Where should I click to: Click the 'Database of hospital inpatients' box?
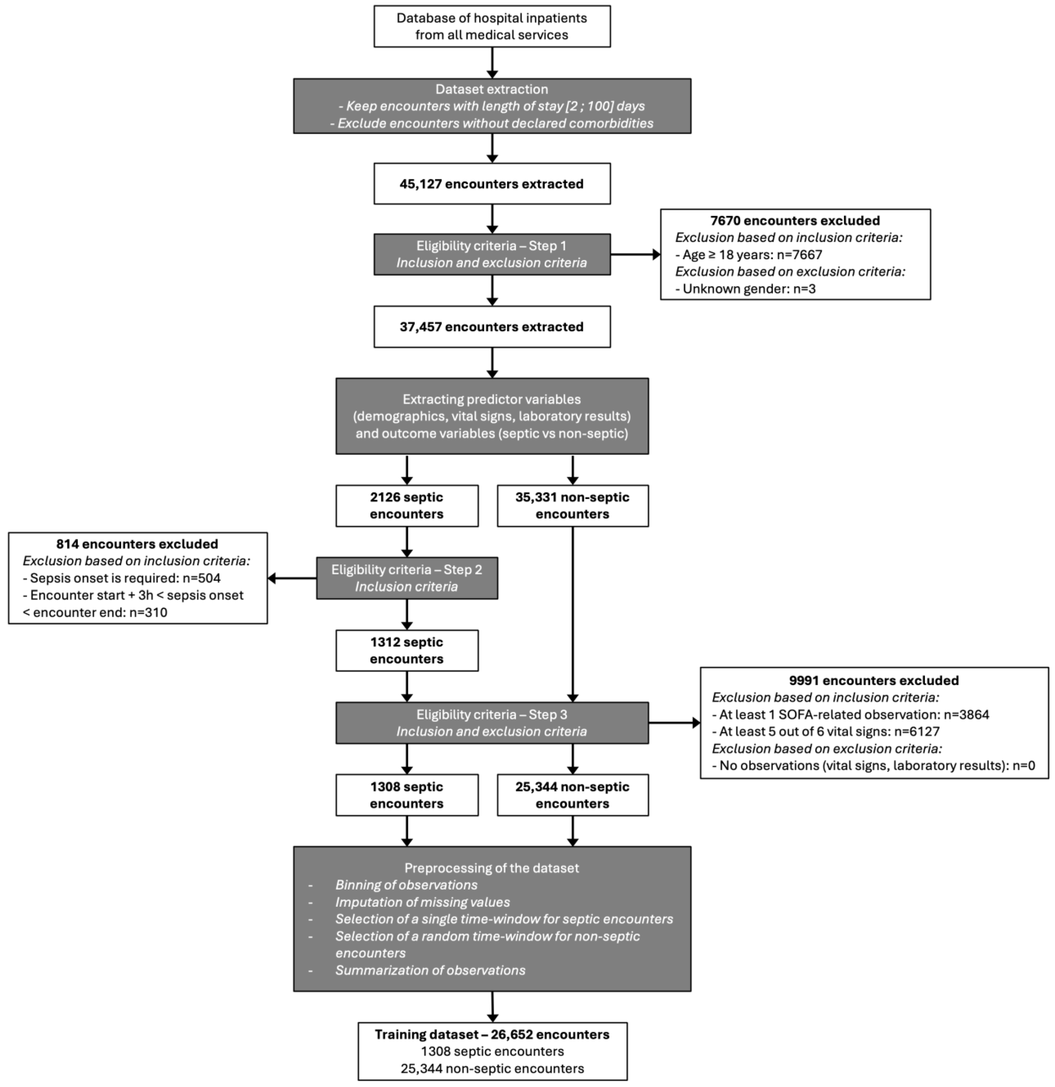point(492,26)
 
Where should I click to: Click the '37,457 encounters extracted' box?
point(492,327)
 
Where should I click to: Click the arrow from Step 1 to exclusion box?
point(635,255)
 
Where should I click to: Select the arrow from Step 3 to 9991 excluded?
point(674,723)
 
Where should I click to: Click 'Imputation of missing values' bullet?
point(422,902)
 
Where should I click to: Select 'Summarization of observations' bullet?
point(430,970)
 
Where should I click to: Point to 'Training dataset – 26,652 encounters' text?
point(492,1034)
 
